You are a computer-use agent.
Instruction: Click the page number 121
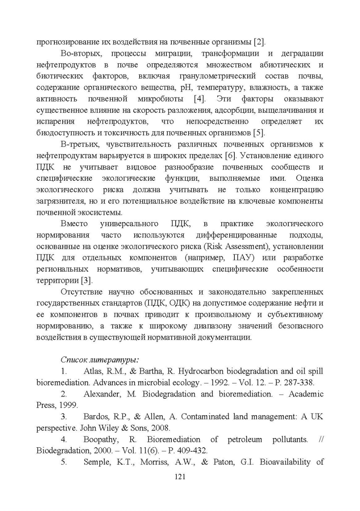[x=180, y=477]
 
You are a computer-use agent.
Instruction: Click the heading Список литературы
[x=100, y=360]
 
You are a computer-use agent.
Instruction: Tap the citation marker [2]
[x=260, y=42]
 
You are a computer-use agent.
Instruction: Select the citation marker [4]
[x=199, y=99]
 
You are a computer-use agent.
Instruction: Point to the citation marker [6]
[x=230, y=156]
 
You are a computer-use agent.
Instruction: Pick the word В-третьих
[x=80, y=144]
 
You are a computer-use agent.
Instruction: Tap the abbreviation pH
[x=186, y=88]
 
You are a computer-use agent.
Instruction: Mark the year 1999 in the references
[x=68, y=405]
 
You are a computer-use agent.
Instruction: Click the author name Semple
[x=97, y=462]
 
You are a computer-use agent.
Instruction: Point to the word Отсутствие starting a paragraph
[x=82, y=292]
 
